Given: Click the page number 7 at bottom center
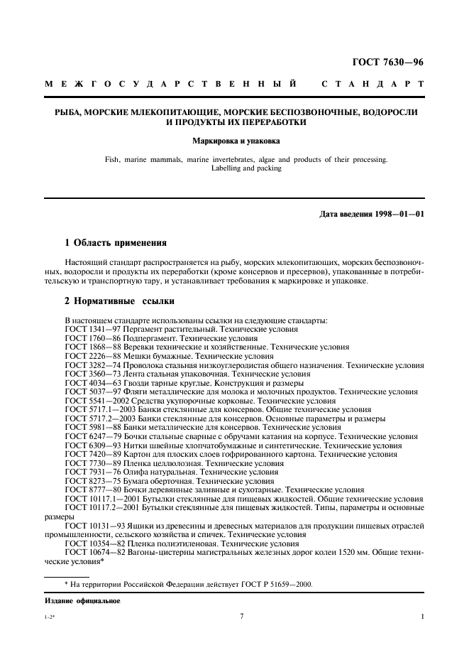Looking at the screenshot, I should pyautogui.click(x=241, y=616).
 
